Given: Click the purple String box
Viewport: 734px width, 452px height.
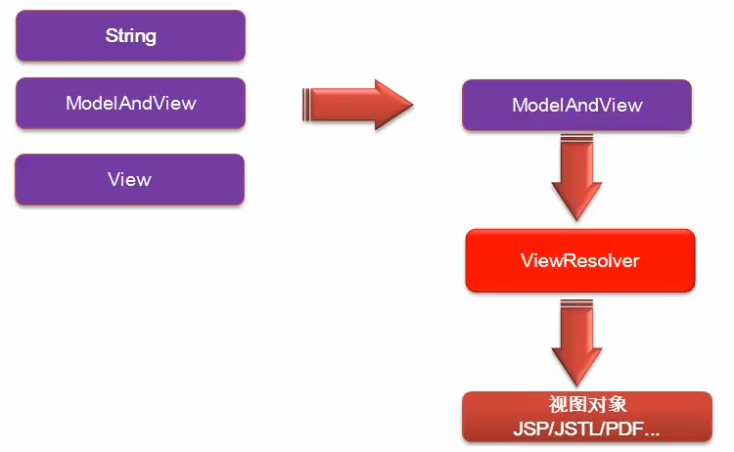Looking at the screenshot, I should [130, 36].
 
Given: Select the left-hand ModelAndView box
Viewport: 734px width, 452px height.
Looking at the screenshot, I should [130, 103].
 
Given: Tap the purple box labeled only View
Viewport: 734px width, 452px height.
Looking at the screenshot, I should [130, 179].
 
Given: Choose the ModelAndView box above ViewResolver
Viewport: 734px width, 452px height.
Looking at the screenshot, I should [576, 105].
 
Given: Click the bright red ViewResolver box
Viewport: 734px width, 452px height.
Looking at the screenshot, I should [579, 261].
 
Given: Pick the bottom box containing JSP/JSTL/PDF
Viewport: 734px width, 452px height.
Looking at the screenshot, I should [586, 416].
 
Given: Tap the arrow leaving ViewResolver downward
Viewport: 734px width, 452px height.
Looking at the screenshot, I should [577, 341].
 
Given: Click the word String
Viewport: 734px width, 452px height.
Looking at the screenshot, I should [130, 36].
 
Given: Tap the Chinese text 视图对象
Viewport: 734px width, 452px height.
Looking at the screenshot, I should [586, 405].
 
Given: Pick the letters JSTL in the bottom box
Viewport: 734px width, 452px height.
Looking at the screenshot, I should [572, 429].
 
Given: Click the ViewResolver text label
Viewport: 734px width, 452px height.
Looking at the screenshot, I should [579, 261].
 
